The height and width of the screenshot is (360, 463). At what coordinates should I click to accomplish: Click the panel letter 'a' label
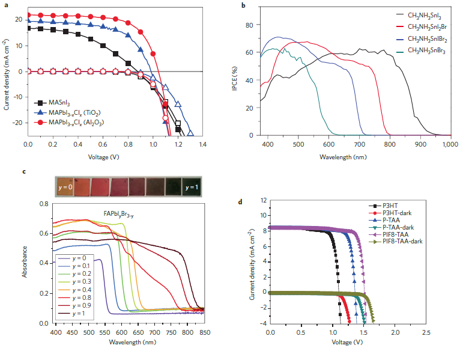[5, 5]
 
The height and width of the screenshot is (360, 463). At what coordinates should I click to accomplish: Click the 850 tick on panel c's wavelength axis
[204, 332]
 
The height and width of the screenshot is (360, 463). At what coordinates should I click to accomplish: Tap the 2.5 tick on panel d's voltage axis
[426, 332]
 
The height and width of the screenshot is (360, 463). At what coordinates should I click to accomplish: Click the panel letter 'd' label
[241, 201]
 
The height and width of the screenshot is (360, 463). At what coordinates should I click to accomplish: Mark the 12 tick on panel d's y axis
[261, 200]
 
